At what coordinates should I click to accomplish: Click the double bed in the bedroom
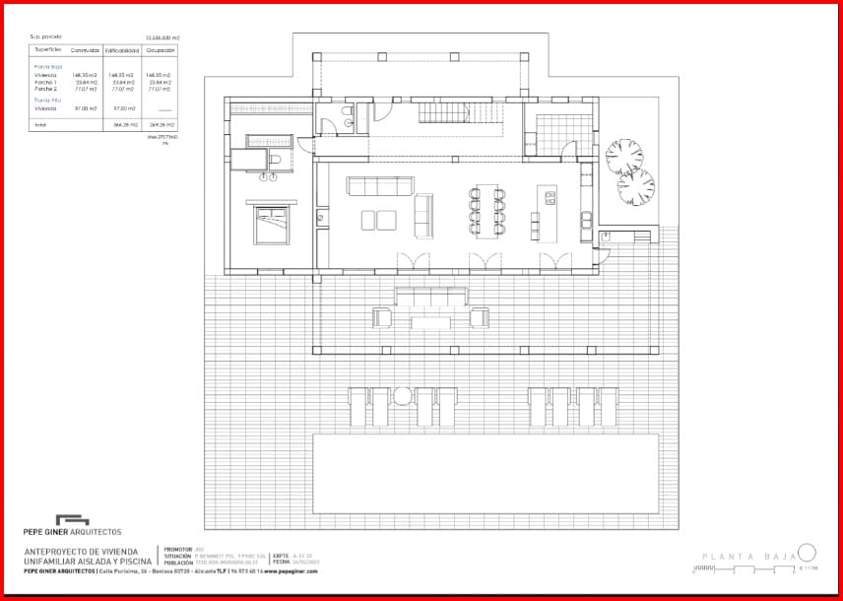point(269,226)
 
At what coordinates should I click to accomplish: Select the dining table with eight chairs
point(486,212)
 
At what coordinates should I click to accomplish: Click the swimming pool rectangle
point(486,473)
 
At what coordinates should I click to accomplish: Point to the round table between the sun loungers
point(402,396)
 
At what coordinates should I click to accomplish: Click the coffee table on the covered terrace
point(430,322)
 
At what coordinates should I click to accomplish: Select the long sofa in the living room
point(381,186)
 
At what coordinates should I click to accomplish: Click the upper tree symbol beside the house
point(623,156)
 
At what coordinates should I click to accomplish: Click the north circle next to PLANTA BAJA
point(807,553)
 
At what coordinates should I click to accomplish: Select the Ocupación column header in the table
point(159,48)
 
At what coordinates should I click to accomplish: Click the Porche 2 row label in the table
point(45,89)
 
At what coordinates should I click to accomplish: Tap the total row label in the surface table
point(40,125)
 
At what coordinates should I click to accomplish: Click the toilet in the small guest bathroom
point(338,122)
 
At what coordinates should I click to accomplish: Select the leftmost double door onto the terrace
point(413,260)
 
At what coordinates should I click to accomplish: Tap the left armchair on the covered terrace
point(382,317)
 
